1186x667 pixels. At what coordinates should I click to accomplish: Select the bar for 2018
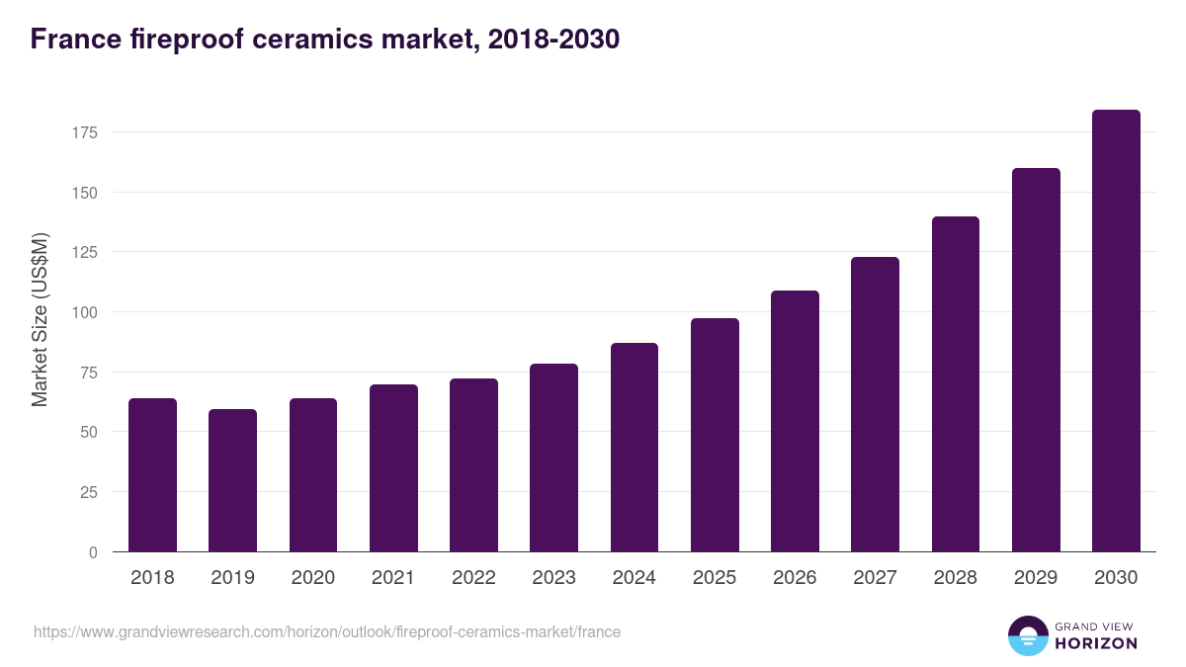pos(152,475)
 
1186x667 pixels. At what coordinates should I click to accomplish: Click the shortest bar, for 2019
pos(232,480)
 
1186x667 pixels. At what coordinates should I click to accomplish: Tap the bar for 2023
pos(553,458)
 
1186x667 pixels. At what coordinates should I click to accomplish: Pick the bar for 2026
pos(795,421)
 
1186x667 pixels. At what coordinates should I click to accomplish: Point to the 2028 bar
pos(956,384)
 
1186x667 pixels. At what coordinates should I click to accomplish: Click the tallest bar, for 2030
pos(1116,331)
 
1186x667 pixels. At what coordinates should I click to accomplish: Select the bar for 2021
pos(393,468)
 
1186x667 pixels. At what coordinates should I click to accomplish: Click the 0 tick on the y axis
pos(93,552)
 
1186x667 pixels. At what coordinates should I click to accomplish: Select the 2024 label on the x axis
pos(634,578)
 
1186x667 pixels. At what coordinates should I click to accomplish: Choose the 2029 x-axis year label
pos(1036,578)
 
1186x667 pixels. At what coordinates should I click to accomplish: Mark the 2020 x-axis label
pos(312,578)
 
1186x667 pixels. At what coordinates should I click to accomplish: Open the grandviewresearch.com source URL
pos(327,631)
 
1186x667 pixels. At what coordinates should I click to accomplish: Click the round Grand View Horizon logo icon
pos(1028,635)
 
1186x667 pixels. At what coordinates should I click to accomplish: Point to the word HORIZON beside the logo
pos(1096,643)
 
